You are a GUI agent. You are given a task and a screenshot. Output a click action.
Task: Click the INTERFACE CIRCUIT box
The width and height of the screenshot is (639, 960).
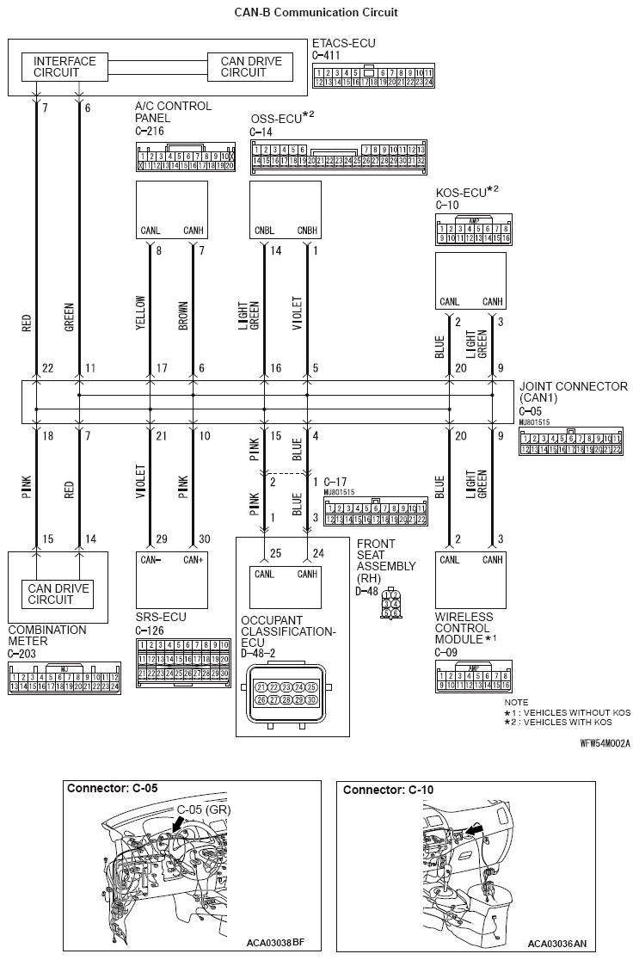pos(65,67)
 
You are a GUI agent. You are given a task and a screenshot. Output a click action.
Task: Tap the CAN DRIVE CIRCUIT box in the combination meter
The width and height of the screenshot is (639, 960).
pos(59,594)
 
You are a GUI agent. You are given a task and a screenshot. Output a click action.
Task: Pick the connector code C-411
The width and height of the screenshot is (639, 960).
pos(328,55)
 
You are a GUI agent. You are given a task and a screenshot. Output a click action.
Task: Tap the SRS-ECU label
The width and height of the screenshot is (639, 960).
pos(161,617)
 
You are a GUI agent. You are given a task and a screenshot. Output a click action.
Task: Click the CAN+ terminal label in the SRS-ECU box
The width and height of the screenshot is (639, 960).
pos(193,560)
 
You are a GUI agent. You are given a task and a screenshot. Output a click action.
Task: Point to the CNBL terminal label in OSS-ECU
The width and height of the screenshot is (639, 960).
pos(264,231)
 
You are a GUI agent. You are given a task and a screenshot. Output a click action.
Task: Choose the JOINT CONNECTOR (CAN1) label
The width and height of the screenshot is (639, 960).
pos(573,392)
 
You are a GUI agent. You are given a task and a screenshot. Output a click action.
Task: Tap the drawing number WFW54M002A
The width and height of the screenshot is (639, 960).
pos(605,742)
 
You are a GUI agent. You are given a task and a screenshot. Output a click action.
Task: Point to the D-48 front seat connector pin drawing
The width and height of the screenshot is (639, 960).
pos(392,604)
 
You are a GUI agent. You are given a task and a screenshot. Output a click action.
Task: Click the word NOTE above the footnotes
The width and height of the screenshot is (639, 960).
pos(517,703)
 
